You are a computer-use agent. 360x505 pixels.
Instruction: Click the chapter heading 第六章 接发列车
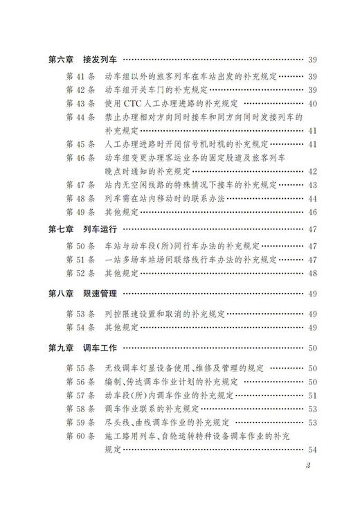pyautogui.click(x=83, y=60)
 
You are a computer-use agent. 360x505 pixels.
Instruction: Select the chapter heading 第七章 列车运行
pyautogui.click(x=83, y=229)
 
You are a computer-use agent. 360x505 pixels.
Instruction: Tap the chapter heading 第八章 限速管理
pyautogui.click(x=83, y=294)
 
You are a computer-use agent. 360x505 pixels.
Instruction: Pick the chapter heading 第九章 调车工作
pyautogui.click(x=83, y=348)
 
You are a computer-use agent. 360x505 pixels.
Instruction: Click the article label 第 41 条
pyautogui.click(x=80, y=76)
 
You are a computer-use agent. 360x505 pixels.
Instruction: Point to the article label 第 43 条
pyautogui.click(x=80, y=104)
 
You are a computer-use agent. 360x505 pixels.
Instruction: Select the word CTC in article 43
pyautogui.click(x=134, y=104)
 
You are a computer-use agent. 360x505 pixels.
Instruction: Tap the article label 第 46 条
pyautogui.click(x=80, y=158)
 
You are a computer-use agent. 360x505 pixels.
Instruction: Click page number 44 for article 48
pyautogui.click(x=312, y=198)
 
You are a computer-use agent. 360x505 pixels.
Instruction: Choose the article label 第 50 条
pyautogui.click(x=80, y=246)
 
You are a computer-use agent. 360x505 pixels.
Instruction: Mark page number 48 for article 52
pyautogui.click(x=312, y=272)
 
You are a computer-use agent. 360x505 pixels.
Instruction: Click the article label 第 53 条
pyautogui.click(x=80, y=314)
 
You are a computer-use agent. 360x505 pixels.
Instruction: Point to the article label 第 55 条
pyautogui.click(x=80, y=368)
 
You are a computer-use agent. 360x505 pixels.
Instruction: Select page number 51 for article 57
pyautogui.click(x=312, y=395)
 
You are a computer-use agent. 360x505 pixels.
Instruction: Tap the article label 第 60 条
pyautogui.click(x=80, y=436)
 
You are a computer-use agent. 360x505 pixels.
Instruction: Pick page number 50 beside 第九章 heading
pyautogui.click(x=312, y=348)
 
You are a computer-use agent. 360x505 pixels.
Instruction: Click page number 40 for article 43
pyautogui.click(x=312, y=104)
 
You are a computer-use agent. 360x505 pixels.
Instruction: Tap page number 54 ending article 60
pyautogui.click(x=312, y=450)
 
